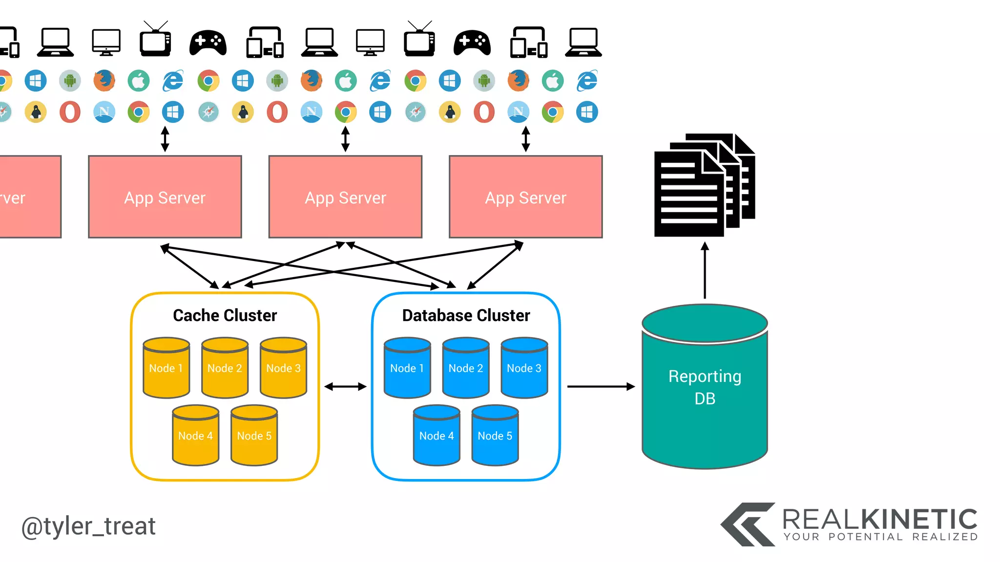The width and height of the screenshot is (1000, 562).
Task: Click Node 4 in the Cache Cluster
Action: click(x=195, y=436)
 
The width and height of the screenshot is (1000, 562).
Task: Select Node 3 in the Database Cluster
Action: click(x=524, y=368)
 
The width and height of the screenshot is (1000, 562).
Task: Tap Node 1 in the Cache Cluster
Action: click(x=166, y=368)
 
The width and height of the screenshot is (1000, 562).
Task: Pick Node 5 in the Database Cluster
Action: click(x=495, y=436)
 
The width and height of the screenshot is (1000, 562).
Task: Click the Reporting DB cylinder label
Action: click(x=705, y=387)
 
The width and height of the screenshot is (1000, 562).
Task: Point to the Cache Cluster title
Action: click(x=225, y=316)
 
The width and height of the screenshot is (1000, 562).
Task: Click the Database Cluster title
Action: click(x=466, y=316)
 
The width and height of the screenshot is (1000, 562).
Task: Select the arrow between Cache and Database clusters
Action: click(x=345, y=386)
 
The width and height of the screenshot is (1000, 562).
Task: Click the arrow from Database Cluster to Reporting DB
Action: click(x=601, y=386)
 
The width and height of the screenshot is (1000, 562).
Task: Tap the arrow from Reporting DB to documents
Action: click(x=705, y=271)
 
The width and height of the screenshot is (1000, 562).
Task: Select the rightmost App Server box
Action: click(x=525, y=197)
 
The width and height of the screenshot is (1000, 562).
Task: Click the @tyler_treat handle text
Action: click(x=88, y=526)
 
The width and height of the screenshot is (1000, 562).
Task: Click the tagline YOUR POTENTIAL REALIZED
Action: click(x=881, y=537)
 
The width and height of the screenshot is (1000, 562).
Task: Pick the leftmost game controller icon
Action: click(x=208, y=42)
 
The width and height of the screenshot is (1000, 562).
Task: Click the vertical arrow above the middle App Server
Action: click(x=345, y=139)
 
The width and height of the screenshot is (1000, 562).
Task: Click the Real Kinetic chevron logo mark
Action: click(x=748, y=524)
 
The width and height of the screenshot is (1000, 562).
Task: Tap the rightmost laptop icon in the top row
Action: click(x=583, y=42)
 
